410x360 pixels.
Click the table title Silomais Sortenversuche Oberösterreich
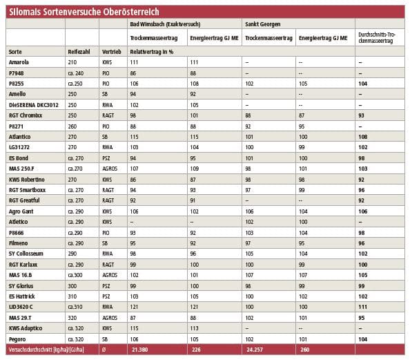point(84,12)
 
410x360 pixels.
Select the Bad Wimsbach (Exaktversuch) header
point(165,24)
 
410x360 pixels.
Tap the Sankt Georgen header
point(263,24)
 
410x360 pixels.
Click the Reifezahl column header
point(79,52)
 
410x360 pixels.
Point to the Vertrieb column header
point(112,52)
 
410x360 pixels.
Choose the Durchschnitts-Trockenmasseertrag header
point(377,38)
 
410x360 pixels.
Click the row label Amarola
point(19,62)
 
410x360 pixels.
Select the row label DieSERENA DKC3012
point(34,105)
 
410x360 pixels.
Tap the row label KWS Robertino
point(27,180)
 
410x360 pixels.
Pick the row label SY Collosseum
point(26,254)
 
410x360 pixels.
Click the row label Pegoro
point(17,339)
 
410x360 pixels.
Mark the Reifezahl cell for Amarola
point(72,62)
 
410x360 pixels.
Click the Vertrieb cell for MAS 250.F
point(110,169)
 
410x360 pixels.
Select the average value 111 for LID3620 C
point(362,307)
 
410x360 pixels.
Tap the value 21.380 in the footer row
point(140,350)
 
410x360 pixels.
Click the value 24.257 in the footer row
point(255,350)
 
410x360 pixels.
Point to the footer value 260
point(305,350)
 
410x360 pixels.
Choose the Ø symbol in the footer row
point(104,350)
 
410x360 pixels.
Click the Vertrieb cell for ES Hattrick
point(106,296)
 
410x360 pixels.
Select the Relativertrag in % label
point(152,52)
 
